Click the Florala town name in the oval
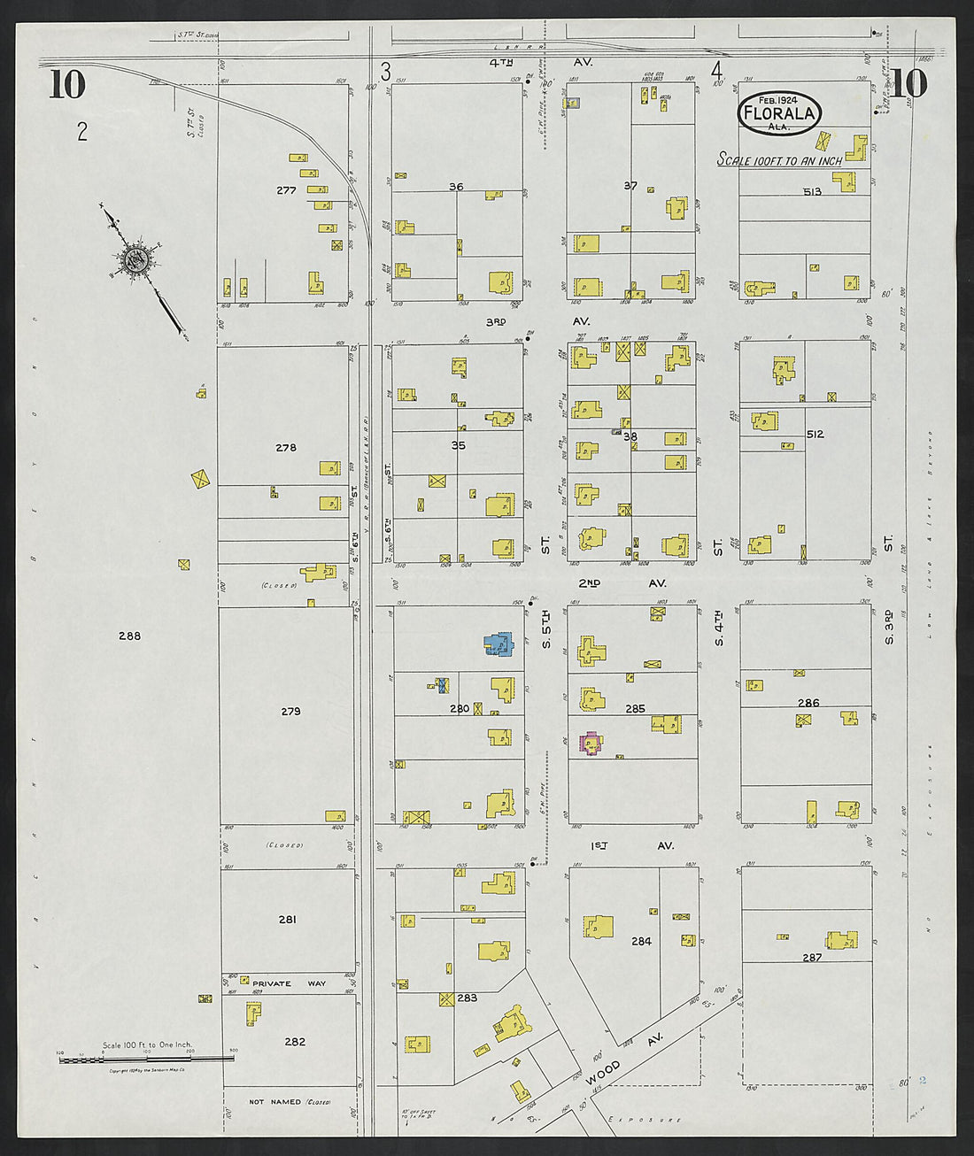[x=778, y=113]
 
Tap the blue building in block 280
[x=499, y=644]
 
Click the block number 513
[x=812, y=191]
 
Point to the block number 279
[x=290, y=711]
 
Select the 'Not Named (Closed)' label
[x=289, y=1102]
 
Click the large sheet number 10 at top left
[x=67, y=85]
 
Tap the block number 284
[x=641, y=941]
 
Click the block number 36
[x=456, y=187]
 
